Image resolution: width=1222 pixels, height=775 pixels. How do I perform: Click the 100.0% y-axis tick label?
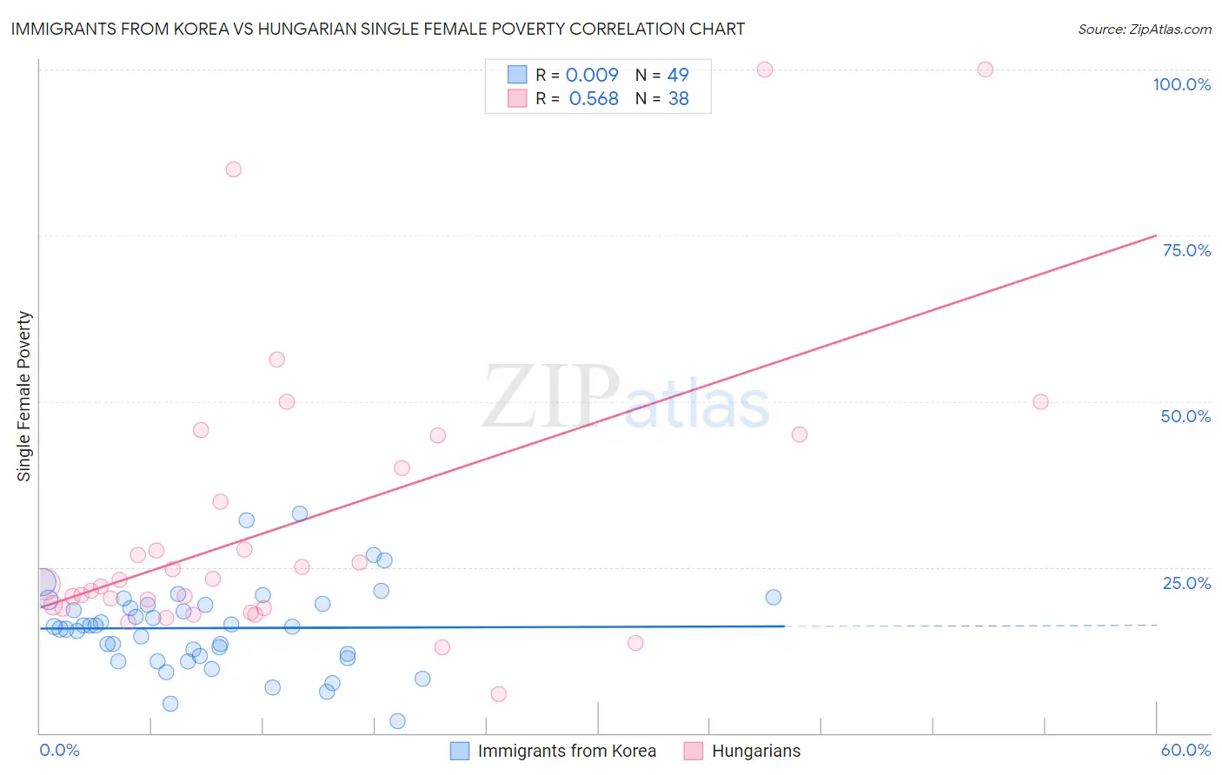tap(1181, 84)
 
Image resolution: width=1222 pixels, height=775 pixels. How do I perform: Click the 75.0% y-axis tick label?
tap(1186, 250)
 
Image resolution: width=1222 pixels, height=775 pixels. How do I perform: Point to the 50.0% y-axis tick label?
tap(1185, 416)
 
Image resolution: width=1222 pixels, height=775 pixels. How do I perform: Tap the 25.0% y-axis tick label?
tap(1186, 583)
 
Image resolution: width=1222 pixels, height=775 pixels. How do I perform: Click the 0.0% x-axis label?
tap(59, 750)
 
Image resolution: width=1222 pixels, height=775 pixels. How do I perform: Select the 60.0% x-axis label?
tap(1185, 750)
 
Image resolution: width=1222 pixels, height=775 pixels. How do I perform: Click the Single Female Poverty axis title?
tap(24, 396)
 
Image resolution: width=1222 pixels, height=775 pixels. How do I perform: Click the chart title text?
tap(378, 29)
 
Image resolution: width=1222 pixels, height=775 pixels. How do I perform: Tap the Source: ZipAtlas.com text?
tap(1144, 30)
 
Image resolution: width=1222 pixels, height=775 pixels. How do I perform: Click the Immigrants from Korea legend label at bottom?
tap(567, 751)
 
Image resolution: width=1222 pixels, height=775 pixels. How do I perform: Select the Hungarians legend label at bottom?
tap(756, 751)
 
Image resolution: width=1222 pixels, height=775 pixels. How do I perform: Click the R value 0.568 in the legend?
tap(594, 99)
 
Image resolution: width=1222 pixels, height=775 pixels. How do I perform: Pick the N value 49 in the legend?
tap(678, 76)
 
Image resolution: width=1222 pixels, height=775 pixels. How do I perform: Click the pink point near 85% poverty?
tap(233, 169)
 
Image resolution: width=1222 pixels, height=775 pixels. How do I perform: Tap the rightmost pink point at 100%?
tap(985, 70)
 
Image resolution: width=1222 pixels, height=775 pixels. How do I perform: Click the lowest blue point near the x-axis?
tap(397, 721)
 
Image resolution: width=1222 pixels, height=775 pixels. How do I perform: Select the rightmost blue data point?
tap(774, 597)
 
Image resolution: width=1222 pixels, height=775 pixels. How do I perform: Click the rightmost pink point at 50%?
tap(1040, 401)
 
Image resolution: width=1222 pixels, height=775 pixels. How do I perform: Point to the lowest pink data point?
tap(498, 694)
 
